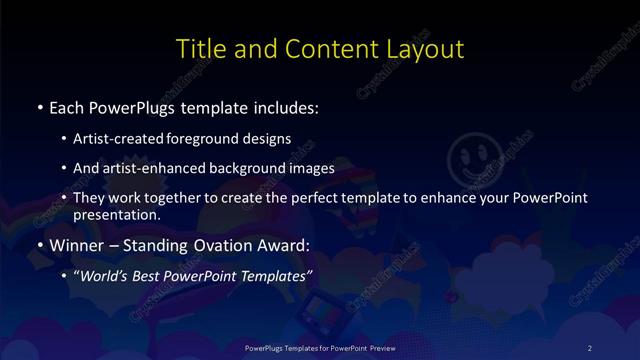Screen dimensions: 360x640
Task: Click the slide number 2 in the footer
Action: point(590,347)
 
